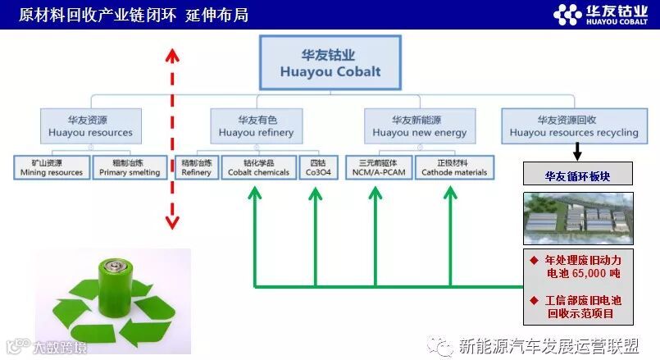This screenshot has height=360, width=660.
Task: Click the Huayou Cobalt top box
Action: tap(330, 62)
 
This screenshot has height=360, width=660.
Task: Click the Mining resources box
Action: tap(52, 167)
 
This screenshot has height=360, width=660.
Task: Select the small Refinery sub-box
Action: tap(197, 167)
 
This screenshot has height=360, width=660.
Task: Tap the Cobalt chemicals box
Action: tap(258, 167)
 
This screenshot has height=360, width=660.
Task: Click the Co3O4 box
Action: tap(313, 167)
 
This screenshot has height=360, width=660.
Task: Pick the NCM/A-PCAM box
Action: tap(376, 167)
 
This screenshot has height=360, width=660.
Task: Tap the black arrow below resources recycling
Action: tap(577, 152)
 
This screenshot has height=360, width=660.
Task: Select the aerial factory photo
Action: tap(578, 218)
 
